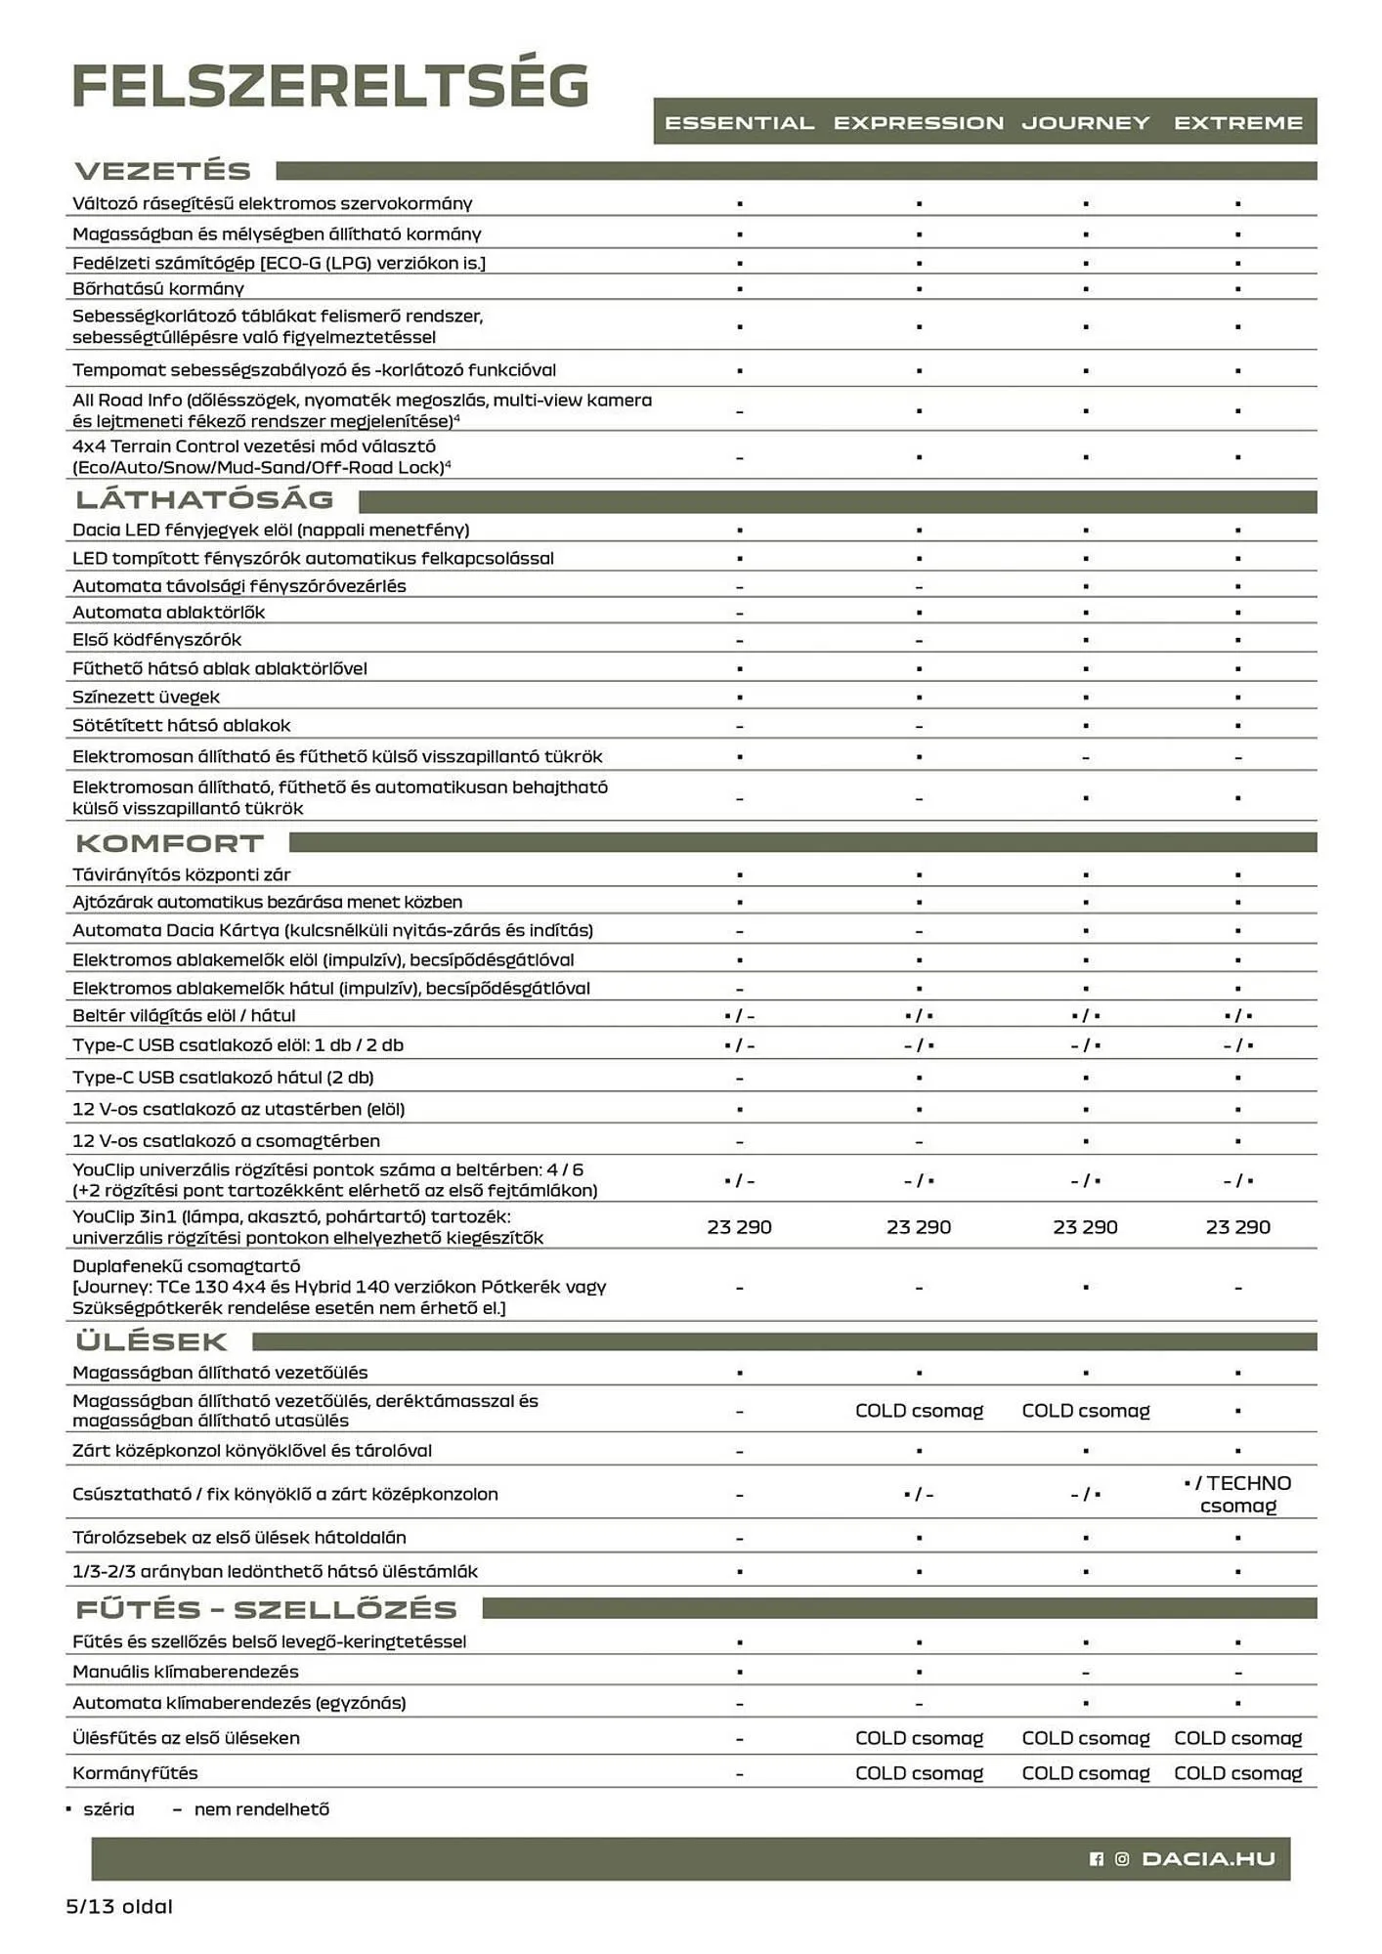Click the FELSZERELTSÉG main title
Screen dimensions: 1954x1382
(x=330, y=86)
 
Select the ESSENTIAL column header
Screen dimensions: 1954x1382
(x=739, y=123)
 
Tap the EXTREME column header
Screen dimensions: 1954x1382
(x=1237, y=123)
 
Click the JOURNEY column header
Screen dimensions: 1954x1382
(x=1085, y=123)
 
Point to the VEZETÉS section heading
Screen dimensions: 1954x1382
(x=163, y=171)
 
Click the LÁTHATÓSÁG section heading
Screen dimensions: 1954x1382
(x=204, y=499)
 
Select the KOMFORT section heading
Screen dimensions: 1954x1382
(x=169, y=843)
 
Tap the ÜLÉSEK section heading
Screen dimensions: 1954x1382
(x=151, y=1341)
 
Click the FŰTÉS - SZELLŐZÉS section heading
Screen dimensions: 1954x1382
(x=266, y=1609)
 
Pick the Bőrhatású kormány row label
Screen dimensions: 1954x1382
(x=158, y=288)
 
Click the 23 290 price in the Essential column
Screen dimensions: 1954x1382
(x=739, y=1227)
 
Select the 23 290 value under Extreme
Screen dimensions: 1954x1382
(x=1237, y=1227)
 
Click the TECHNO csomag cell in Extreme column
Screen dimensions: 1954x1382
(x=1239, y=1495)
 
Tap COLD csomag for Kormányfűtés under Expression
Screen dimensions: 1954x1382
(x=919, y=1773)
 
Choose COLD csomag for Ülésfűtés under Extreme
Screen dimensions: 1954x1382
(x=1237, y=1738)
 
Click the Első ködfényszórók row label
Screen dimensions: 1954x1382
(x=156, y=640)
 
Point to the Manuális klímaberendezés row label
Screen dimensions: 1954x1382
(x=186, y=1672)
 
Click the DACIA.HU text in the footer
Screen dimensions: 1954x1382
(x=1208, y=1859)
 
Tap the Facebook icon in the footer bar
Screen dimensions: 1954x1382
(x=1096, y=1859)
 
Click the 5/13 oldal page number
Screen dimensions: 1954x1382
(x=119, y=1906)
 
